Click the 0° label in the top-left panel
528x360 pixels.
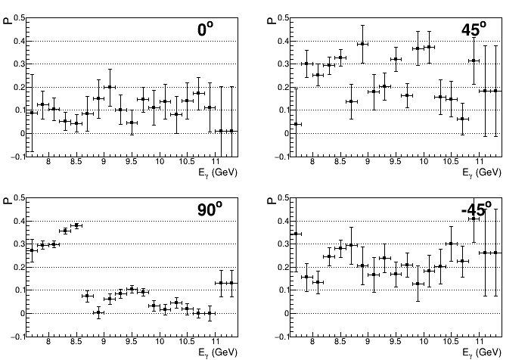coord(205,29)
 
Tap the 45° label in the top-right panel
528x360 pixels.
coord(477,29)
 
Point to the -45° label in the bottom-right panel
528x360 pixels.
coord(477,209)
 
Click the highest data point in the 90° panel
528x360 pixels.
coord(76,225)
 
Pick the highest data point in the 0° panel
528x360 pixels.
coord(110,87)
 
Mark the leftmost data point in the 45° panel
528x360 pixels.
coord(297,124)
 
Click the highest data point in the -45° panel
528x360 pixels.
coord(474,218)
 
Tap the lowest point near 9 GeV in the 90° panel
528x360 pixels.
coord(98,312)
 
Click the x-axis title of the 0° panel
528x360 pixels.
coord(218,172)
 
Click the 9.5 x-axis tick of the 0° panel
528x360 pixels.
coord(132,162)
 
